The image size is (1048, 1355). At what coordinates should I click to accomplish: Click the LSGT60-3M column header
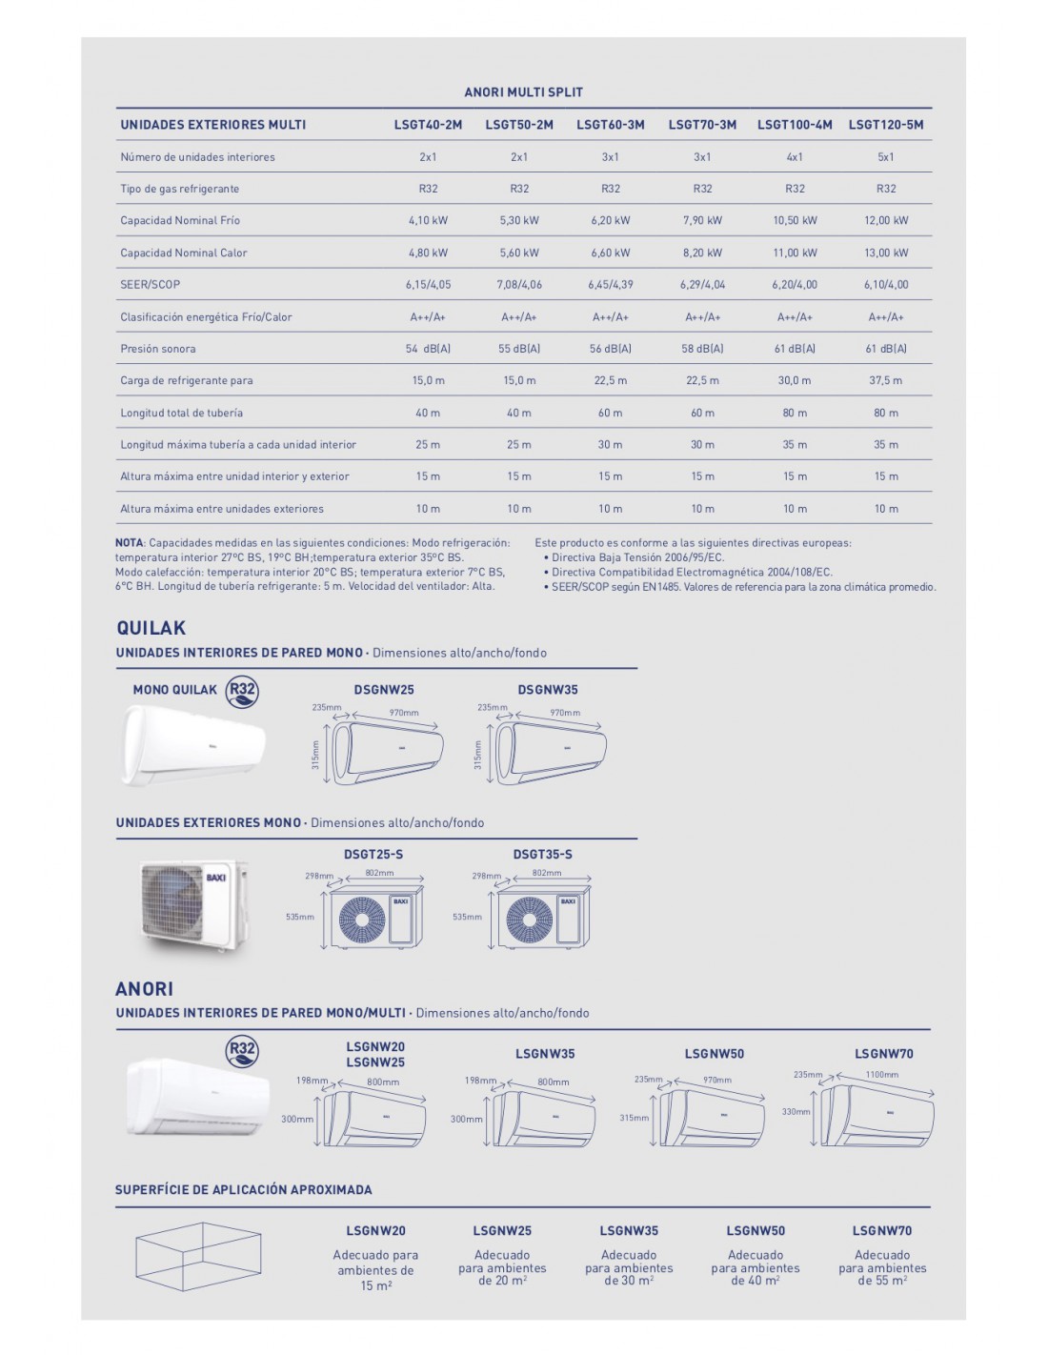coord(610,125)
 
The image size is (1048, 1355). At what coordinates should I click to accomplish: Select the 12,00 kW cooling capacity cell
coord(885,220)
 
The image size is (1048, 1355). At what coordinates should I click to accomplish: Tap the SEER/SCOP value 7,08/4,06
coord(518,284)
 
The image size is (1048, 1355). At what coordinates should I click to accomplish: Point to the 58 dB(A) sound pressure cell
coord(702,349)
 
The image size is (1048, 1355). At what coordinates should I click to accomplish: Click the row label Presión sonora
coord(158,349)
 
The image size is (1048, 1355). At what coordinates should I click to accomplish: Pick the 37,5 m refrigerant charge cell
coord(885,380)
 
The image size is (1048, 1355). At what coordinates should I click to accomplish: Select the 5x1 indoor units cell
coord(885,157)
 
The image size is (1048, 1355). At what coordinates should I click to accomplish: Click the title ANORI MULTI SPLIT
coord(523,92)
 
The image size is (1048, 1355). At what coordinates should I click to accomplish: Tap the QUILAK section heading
coord(151,628)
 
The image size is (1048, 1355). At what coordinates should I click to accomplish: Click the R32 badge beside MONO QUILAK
coord(242,691)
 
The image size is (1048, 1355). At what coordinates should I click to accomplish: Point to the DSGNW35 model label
coord(547,690)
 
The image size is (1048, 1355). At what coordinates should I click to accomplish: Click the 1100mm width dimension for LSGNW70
coord(882,1075)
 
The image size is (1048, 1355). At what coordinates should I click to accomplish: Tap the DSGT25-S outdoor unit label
coord(373,855)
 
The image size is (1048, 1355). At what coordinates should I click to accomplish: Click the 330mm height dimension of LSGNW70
coord(796,1111)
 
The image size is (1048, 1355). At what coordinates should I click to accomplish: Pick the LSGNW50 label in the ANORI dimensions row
coord(714,1054)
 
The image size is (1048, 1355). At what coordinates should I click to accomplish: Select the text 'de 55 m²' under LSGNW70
coord(881,1282)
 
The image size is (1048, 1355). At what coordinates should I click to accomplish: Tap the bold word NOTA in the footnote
coord(130,543)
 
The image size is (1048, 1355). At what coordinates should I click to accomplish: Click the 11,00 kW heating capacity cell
coord(795,253)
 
